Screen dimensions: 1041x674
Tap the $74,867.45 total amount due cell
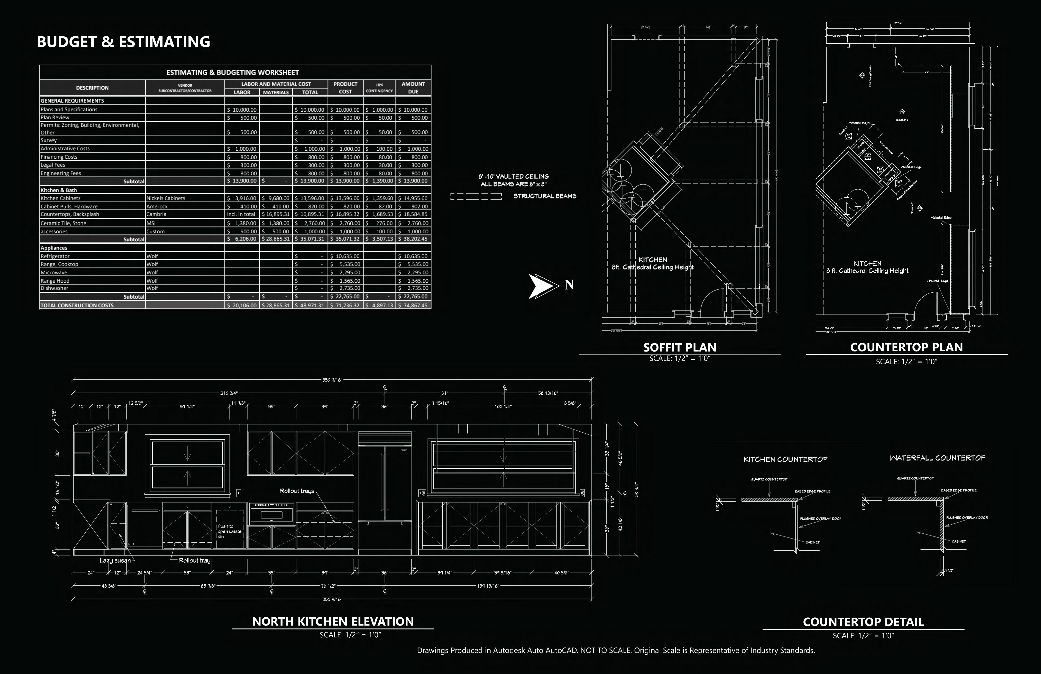413,305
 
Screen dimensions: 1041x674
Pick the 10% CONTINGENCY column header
379,88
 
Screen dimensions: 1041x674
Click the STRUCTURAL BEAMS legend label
545,196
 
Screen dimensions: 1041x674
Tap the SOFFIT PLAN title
679,347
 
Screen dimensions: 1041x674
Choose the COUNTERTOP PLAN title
906,347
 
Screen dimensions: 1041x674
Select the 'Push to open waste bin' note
229,531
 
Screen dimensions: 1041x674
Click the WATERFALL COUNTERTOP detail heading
937,458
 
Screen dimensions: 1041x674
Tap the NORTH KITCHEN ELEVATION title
333,621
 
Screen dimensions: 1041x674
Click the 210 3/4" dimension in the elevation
229,393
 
